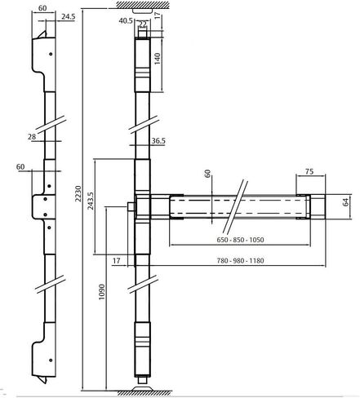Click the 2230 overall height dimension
tap(78, 193)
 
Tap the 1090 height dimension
tap(101, 292)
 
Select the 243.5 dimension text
tap(91, 201)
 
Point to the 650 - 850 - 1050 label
tap(240, 240)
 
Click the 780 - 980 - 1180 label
tap(240, 261)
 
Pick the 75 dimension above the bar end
tap(309, 171)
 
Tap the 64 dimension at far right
tap(345, 202)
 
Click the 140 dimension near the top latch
tap(158, 59)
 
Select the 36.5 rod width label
tap(158, 141)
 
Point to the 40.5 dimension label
tap(126, 20)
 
